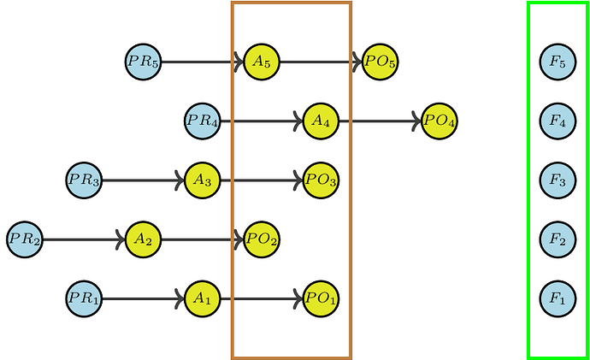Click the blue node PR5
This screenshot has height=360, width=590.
143,62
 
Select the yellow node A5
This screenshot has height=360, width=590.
262,62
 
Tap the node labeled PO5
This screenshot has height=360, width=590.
380,62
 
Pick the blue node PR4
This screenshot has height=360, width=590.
203,121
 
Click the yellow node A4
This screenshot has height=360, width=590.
321,121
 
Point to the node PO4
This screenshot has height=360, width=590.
440,121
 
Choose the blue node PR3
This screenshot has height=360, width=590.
84,180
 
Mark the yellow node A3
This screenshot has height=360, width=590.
203,180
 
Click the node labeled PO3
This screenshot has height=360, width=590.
321,180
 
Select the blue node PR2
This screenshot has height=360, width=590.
24,239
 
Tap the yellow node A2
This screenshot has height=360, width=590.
143,239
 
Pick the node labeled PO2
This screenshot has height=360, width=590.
262,239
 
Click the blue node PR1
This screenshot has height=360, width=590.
84,298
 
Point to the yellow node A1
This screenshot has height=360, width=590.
203,298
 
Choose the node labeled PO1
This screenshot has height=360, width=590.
321,298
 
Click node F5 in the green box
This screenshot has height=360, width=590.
558,62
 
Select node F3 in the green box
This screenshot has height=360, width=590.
558,180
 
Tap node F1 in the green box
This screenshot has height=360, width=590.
558,298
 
